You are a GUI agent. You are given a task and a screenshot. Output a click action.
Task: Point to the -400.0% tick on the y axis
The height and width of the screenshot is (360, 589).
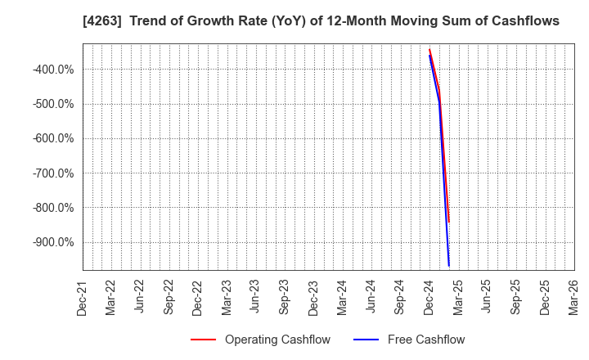(54, 70)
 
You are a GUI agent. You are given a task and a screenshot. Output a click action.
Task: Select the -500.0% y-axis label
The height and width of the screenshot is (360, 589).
(54, 104)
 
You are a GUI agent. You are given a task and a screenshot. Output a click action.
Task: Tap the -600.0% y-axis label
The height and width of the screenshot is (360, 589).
(54, 138)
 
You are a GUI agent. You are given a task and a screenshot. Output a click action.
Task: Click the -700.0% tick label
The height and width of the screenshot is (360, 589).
(54, 173)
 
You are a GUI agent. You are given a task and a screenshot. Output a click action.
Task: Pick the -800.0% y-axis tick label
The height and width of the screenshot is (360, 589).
(54, 208)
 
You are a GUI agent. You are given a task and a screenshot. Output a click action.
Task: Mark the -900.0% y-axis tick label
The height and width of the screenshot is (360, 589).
(54, 242)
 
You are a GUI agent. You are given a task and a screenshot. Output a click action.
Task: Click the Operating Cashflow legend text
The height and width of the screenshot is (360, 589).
(277, 340)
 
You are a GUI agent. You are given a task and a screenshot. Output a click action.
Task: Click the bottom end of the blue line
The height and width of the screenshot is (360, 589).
(449, 266)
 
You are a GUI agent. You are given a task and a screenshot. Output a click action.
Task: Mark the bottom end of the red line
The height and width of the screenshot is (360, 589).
(449, 222)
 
